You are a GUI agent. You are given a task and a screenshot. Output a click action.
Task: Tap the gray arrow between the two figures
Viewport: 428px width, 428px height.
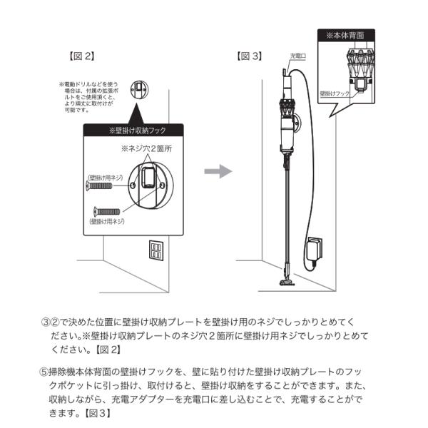click(218, 172)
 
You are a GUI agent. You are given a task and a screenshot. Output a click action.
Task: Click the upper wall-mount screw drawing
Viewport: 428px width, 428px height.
click(99, 185)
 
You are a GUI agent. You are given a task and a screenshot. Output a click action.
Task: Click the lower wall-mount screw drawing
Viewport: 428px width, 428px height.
click(106, 211)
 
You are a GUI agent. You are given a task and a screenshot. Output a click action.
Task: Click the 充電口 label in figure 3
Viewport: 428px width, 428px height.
click(297, 55)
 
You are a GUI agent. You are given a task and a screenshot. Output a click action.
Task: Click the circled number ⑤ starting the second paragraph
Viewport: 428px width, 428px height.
click(44, 371)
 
